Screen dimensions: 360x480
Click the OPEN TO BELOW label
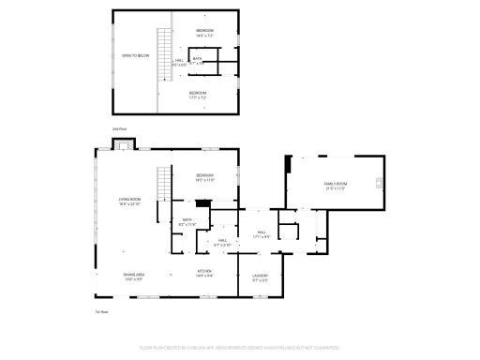(x=136, y=56)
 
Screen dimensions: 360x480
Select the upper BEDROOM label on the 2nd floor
(x=205, y=33)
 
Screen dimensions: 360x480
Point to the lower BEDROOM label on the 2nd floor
(x=198, y=94)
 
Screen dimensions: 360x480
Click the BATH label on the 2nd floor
(x=198, y=60)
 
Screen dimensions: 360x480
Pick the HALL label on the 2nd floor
(x=179, y=63)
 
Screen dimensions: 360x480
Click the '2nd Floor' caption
(x=118, y=127)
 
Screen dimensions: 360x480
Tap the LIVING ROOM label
(x=129, y=201)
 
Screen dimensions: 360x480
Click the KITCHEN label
(x=204, y=274)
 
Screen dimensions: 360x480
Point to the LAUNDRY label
(x=261, y=277)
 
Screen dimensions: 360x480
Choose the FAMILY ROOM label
(x=335, y=185)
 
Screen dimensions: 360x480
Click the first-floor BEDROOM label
(x=205, y=176)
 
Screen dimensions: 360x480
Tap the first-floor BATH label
(x=187, y=222)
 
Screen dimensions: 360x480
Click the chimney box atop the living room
(x=121, y=144)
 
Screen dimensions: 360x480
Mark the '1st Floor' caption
(x=101, y=311)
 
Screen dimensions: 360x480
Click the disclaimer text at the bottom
(x=239, y=347)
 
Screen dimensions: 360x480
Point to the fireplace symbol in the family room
(x=378, y=183)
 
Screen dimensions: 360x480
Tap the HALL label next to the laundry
(x=262, y=234)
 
